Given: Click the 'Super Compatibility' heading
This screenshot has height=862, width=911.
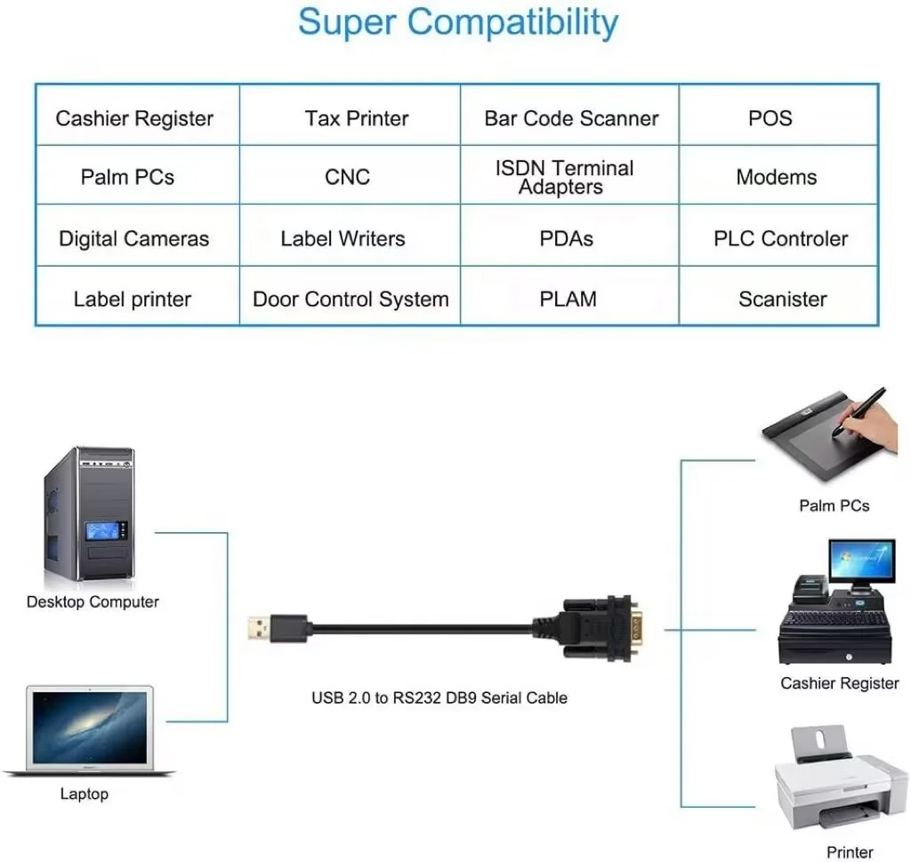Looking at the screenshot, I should coord(457,22).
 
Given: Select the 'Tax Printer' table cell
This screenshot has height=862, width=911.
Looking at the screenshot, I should coord(356,118).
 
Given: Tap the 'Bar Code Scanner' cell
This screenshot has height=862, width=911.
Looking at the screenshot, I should coord(571,118).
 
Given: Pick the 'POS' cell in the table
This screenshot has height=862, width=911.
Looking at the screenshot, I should coord(770,118).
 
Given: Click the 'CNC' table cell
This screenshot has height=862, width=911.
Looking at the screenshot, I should coord(347,177).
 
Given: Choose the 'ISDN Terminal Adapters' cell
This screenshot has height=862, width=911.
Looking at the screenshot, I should coord(564,177).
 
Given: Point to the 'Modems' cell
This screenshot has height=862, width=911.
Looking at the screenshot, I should coord(776,177).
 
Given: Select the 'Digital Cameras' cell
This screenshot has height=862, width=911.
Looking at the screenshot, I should coord(133,238).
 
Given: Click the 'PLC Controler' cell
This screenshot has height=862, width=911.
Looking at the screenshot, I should coord(780,238).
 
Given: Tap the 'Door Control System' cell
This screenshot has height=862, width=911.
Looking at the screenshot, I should coord(351,299).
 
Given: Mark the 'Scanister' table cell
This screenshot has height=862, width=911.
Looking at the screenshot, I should coord(782,299).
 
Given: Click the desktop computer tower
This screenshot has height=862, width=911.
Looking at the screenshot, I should coord(90,516).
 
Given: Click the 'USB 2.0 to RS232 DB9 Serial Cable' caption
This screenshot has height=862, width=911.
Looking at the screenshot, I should coord(439,697).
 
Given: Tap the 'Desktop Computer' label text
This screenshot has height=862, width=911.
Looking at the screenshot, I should coord(93,602).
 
